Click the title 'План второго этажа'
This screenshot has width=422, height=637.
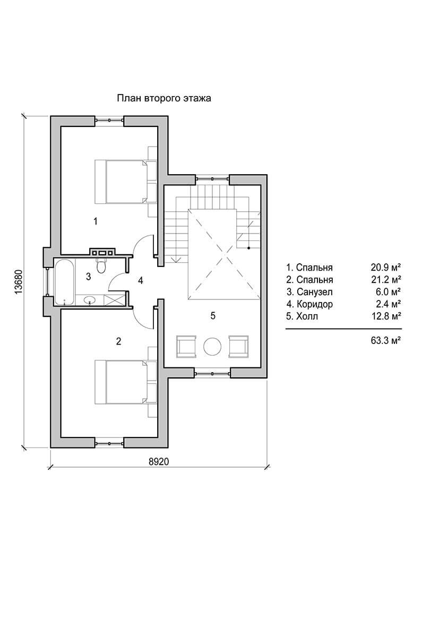[x=164, y=98]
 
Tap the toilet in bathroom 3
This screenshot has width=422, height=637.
[x=101, y=265]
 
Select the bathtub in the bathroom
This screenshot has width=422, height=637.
[x=64, y=282]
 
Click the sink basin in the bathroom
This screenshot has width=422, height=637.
[x=90, y=300]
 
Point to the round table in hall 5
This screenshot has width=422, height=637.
[x=212, y=346]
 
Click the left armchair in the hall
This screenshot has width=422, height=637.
[x=186, y=346]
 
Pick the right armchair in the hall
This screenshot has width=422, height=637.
[x=238, y=346]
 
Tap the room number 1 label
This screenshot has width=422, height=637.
[x=96, y=221]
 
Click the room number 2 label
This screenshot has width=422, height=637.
[x=118, y=341]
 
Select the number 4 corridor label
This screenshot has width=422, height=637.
[x=141, y=281]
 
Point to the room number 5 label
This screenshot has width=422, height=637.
[x=213, y=315]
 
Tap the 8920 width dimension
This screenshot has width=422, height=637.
[x=159, y=461]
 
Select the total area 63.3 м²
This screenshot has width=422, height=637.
[x=386, y=340]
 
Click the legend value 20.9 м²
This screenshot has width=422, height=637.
[x=386, y=268]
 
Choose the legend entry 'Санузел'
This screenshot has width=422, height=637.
[x=315, y=292]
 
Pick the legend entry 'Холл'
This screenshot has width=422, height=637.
[x=307, y=316]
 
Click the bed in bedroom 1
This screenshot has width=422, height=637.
[x=125, y=182]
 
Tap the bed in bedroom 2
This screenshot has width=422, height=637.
[x=125, y=382]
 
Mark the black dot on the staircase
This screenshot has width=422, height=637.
[x=248, y=248]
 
